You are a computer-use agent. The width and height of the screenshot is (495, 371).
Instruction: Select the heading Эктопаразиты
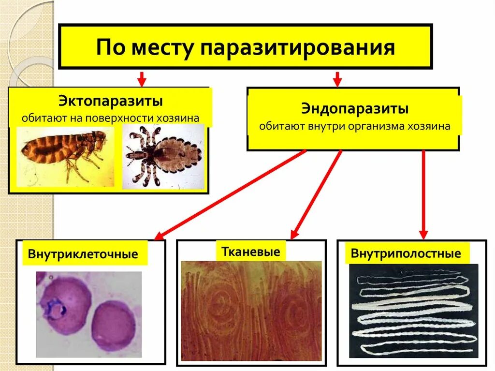(x=110, y=102)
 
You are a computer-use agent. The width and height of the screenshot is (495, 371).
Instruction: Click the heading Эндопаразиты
(x=355, y=109)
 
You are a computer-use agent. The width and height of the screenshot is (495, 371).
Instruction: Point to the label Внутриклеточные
(x=83, y=254)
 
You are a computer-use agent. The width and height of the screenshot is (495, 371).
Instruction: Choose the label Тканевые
(x=251, y=252)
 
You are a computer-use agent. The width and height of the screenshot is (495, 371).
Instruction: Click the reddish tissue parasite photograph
(x=251, y=311)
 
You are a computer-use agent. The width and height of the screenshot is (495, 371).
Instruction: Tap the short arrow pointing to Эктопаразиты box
(x=141, y=78)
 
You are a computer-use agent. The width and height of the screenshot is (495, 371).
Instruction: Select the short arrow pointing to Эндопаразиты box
(x=337, y=78)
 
